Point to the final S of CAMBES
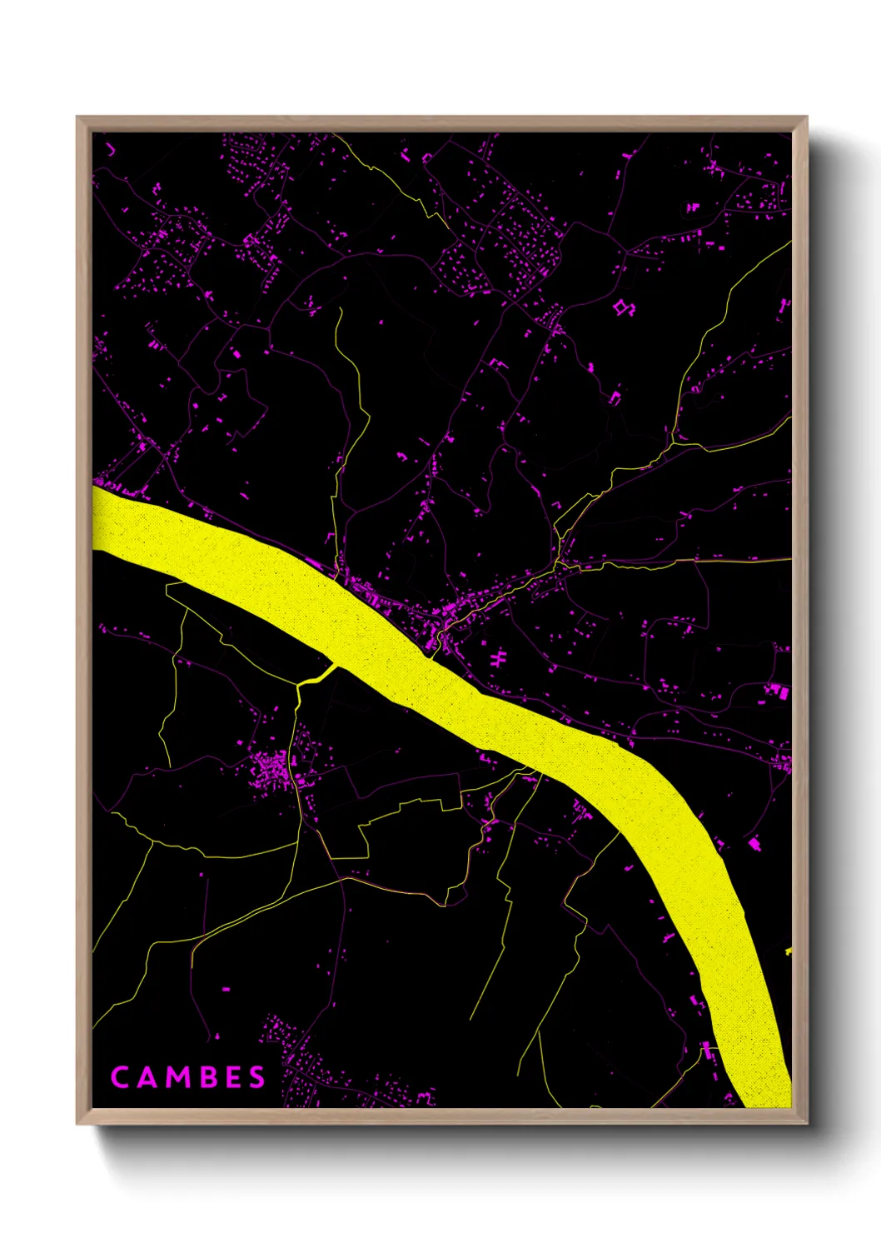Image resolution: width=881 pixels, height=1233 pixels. [256, 1077]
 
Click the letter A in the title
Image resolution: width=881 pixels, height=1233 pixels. [147, 1077]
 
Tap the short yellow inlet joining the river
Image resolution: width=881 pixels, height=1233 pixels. [316, 676]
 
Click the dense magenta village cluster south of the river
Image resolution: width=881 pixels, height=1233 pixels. [271, 771]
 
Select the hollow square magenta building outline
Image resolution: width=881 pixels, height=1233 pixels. [621, 307]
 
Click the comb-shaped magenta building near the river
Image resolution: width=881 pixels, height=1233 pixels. [497, 659]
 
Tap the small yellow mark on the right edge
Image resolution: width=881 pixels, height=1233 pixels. [788, 951]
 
